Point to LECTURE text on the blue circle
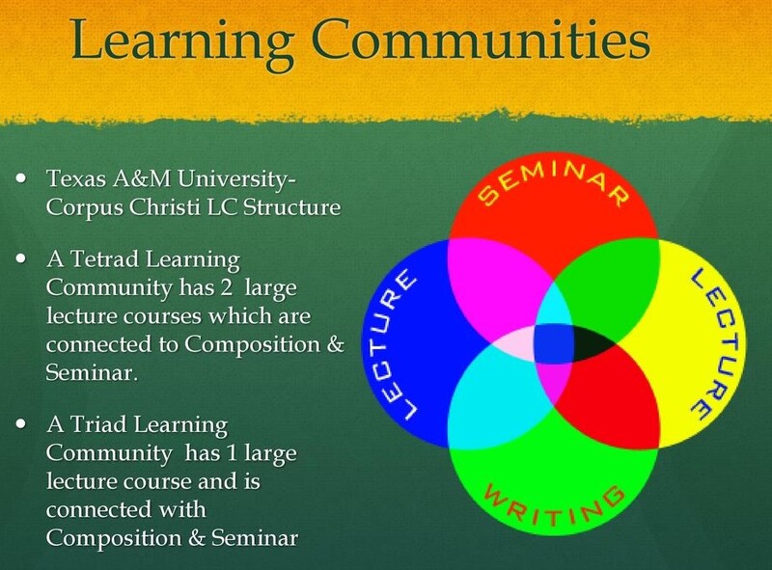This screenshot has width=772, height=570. click(393, 345)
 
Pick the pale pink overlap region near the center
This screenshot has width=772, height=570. click(512, 343)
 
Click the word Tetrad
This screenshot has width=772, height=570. click(105, 258)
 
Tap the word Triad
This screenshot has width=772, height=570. click(100, 424)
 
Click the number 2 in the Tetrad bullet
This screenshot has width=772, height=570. click(226, 287)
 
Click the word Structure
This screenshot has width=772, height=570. click(292, 206)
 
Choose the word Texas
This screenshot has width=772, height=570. click(76, 178)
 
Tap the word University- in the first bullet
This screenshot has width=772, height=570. click(236, 179)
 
